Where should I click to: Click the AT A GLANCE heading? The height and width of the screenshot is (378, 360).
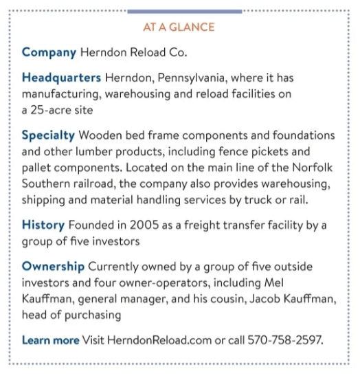click(179, 27)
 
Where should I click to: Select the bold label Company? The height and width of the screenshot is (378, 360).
click(49, 52)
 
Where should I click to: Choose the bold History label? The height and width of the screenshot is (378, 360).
click(43, 224)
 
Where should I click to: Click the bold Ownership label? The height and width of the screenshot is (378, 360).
click(53, 266)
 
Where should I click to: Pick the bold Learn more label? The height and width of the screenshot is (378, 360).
click(50, 340)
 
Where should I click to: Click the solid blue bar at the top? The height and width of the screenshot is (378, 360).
click(184, 11)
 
